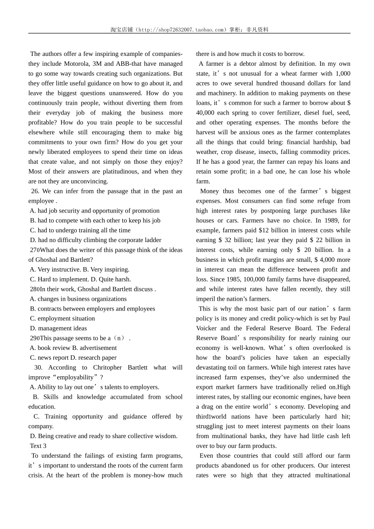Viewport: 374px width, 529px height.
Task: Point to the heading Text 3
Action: tap(38, 446)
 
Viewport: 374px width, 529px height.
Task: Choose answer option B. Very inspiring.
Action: tap(106, 270)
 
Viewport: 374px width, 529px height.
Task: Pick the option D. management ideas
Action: tap(58, 328)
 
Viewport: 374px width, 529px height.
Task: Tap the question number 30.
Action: tap(38, 368)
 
